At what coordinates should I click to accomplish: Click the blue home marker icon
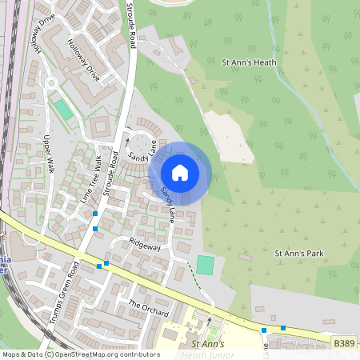pos(180,172)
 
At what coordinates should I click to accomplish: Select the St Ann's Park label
pos(299,253)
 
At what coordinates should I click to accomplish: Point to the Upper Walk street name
pos(47,154)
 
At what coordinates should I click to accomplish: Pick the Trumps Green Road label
pos(62,293)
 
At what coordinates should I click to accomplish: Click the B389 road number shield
pos(343,343)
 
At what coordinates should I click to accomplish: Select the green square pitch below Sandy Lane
pos(206,265)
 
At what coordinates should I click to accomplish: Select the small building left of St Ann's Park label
pos(244,258)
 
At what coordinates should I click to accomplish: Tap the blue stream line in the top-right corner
pos(280,48)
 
